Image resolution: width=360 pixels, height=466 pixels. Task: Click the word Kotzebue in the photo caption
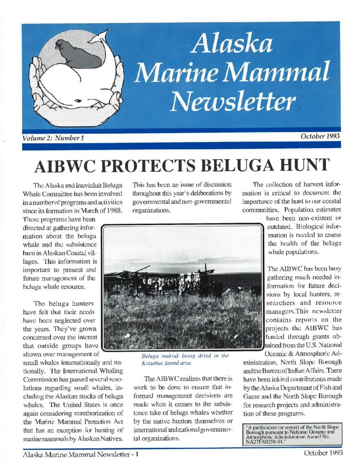pyautogui.click(x=153, y=364)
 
